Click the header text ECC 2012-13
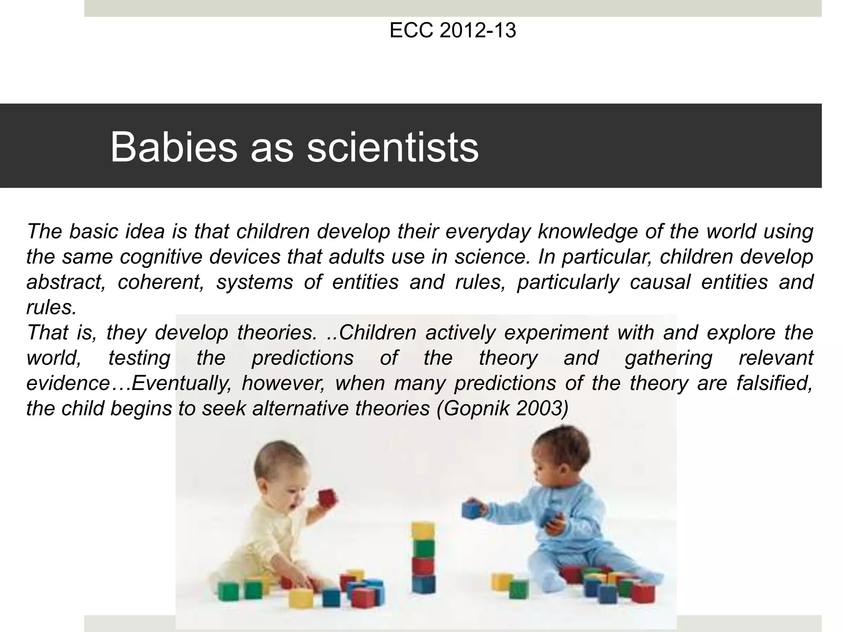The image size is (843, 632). point(452,31)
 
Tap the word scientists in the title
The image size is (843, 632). point(393,147)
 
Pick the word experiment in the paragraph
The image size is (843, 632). point(556,333)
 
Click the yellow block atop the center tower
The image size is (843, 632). point(423,530)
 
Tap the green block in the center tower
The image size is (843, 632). point(424,548)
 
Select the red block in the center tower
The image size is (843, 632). point(423,566)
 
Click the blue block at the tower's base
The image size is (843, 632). point(423,584)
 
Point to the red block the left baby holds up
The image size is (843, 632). point(326,498)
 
